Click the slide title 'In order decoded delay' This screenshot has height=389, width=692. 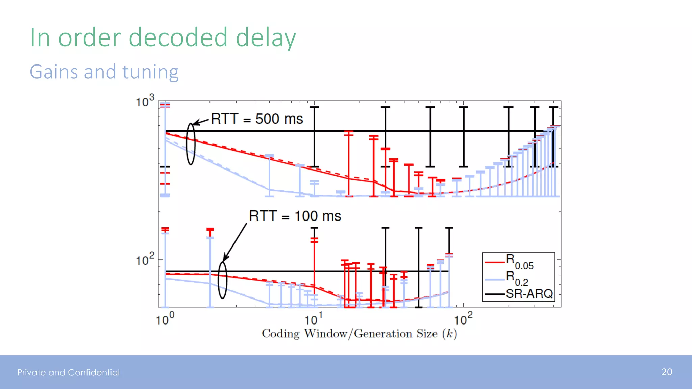click(163, 38)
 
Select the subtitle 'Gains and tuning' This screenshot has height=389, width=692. click(104, 72)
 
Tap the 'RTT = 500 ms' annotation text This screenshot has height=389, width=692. click(257, 119)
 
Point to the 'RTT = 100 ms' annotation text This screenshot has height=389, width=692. click(295, 216)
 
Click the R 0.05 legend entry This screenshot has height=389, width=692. click(519, 261)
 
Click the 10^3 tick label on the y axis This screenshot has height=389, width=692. click(145, 101)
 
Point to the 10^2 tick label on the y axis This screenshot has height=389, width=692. click(145, 260)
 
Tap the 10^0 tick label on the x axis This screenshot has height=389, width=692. click(165, 319)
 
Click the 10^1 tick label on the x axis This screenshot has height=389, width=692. click(314, 319)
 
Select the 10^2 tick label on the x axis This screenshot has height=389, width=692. click(463, 319)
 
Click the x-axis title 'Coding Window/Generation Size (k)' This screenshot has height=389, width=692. click(359, 334)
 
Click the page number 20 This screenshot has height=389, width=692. click(667, 372)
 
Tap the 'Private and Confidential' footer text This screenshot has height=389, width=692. click(69, 372)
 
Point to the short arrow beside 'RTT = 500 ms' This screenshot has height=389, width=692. click(201, 122)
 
